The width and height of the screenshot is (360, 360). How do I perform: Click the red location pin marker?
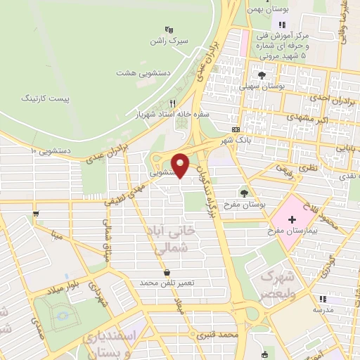181,165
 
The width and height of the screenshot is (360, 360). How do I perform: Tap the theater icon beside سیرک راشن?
168,30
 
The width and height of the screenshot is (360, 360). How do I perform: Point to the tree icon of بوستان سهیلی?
262,75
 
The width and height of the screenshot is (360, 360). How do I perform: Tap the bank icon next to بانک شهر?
236,130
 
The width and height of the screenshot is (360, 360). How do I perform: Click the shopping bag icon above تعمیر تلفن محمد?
167,272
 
